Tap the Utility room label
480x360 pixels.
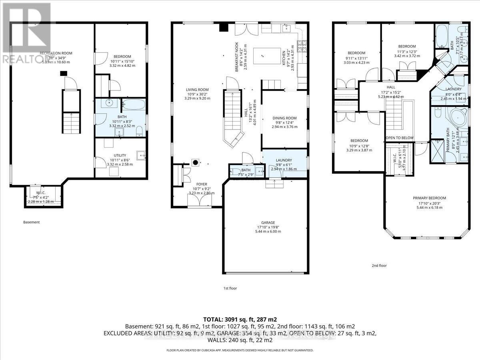click(x=120, y=155)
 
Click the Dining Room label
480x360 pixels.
click(x=284, y=118)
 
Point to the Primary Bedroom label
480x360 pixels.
click(x=429, y=198)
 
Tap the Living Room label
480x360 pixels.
click(x=197, y=90)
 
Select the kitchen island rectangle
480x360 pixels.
click(x=267, y=54)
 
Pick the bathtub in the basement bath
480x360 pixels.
click(x=134, y=105)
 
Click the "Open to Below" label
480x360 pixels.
click(x=399, y=138)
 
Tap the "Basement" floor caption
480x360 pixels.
click(x=31, y=222)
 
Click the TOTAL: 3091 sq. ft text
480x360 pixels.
click(x=240, y=319)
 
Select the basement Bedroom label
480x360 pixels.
click(x=120, y=57)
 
